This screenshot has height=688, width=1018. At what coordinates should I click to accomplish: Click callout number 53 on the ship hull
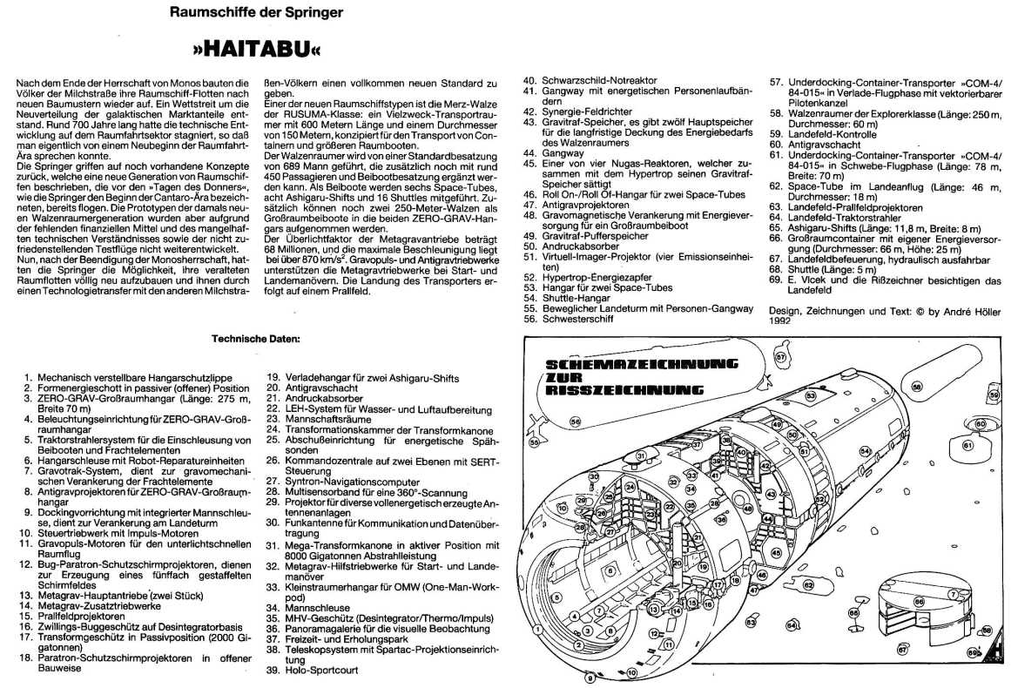pyautogui.click(x=810, y=395)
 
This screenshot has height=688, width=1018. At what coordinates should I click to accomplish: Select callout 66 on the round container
pyautogui.click(x=918, y=602)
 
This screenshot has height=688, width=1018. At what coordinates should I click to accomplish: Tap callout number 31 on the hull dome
pyautogui.click(x=640, y=455)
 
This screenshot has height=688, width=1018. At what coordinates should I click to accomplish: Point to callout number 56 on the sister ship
pyautogui.click(x=574, y=421)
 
